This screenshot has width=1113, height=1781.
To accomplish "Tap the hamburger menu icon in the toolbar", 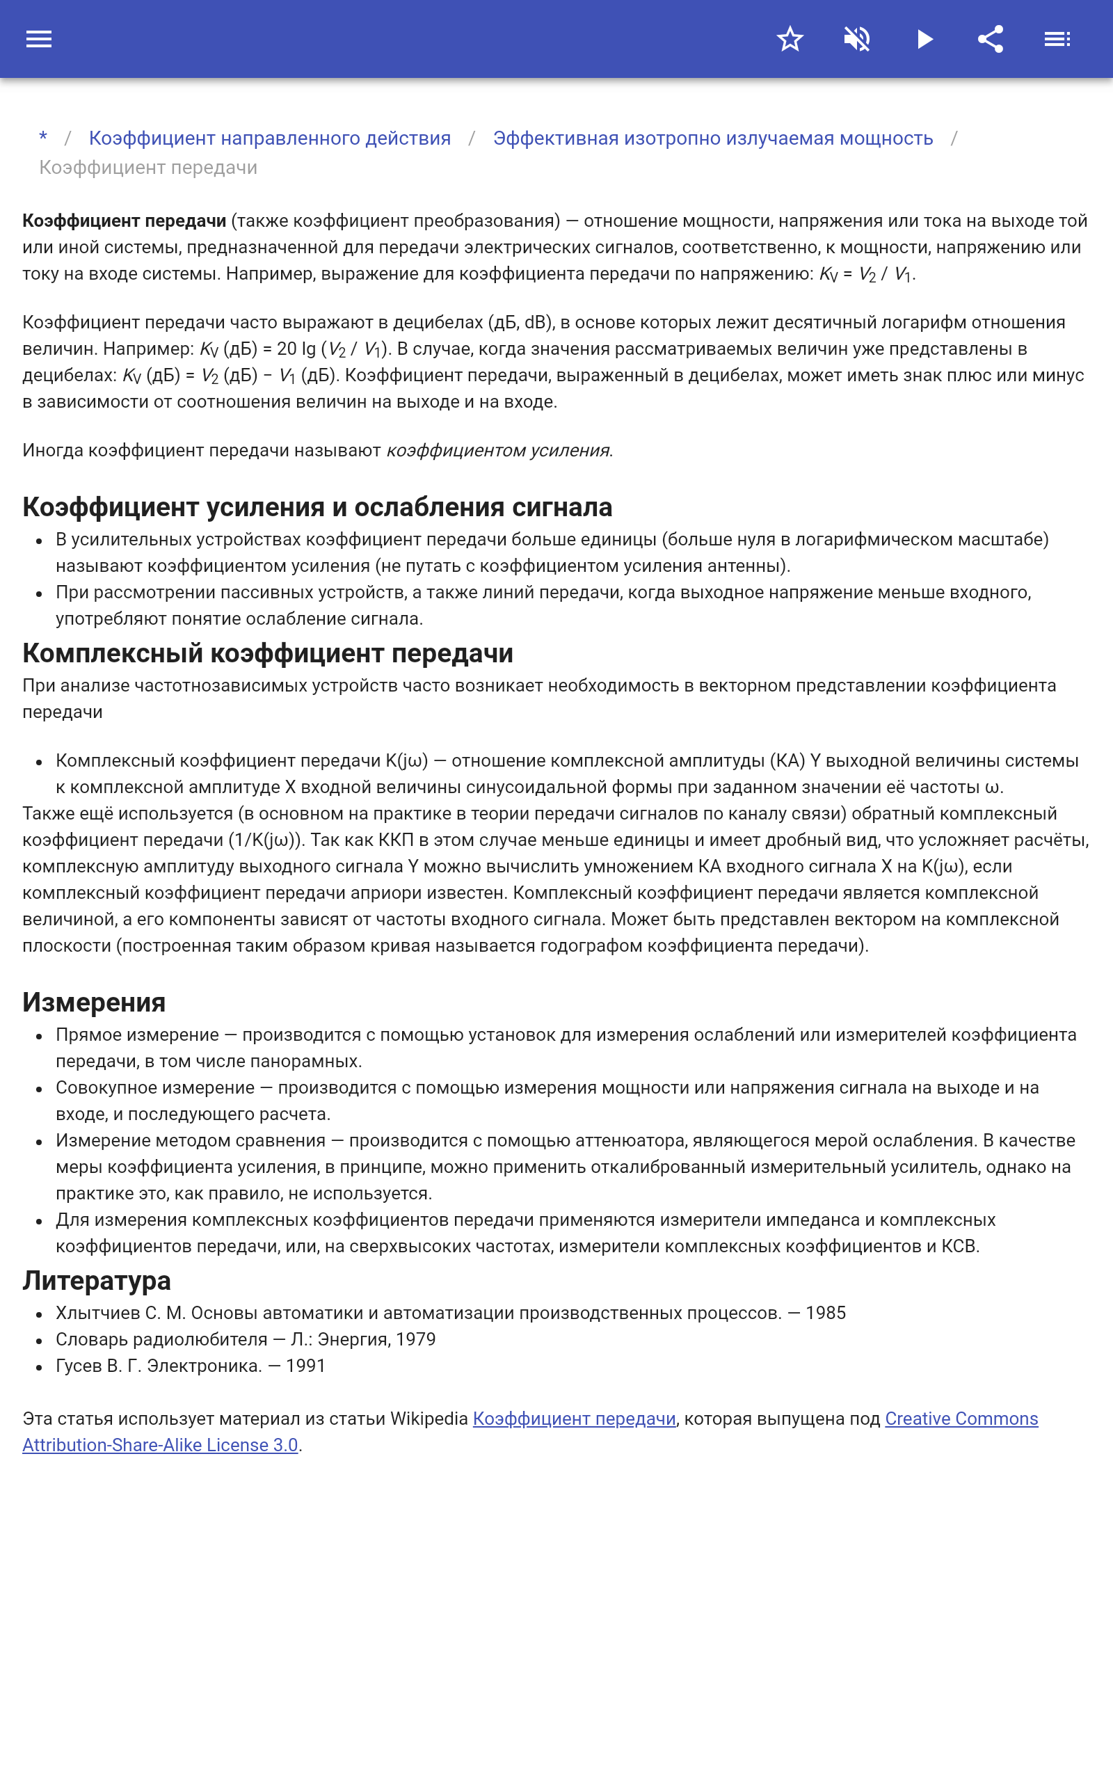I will coord(39,39).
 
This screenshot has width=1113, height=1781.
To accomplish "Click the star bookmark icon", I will coord(790,39).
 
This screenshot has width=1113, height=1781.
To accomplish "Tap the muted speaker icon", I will coord(857,39).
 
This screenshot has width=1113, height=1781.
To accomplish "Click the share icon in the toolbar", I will coord(991,39).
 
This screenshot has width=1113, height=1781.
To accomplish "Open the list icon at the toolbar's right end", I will coord(1057,39).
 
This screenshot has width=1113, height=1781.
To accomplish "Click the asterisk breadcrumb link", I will coord(43,138).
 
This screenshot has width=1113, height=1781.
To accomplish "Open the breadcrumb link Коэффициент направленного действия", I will coord(269,138).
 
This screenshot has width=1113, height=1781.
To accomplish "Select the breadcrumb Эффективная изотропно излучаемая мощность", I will coord(712,138).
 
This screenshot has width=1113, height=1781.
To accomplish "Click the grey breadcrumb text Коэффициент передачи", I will coord(148,168).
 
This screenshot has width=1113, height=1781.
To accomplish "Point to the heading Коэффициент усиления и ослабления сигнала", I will coord(317,507).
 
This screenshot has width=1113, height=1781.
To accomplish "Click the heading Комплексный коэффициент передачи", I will coord(268,653).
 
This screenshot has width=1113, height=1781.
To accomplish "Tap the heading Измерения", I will coord(94,1003).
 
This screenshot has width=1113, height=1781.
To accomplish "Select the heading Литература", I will coord(97,1281).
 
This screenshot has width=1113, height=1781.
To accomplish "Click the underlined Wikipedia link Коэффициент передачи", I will coord(574,1419).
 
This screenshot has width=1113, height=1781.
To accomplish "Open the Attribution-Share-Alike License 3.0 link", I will coord(160,1446).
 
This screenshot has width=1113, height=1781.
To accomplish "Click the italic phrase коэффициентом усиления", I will coord(498,450).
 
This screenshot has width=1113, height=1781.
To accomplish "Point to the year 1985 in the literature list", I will coord(825,1313).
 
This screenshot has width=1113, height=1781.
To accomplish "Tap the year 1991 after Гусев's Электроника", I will coord(305,1366).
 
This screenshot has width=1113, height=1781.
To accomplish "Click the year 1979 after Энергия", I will coord(416,1339).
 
